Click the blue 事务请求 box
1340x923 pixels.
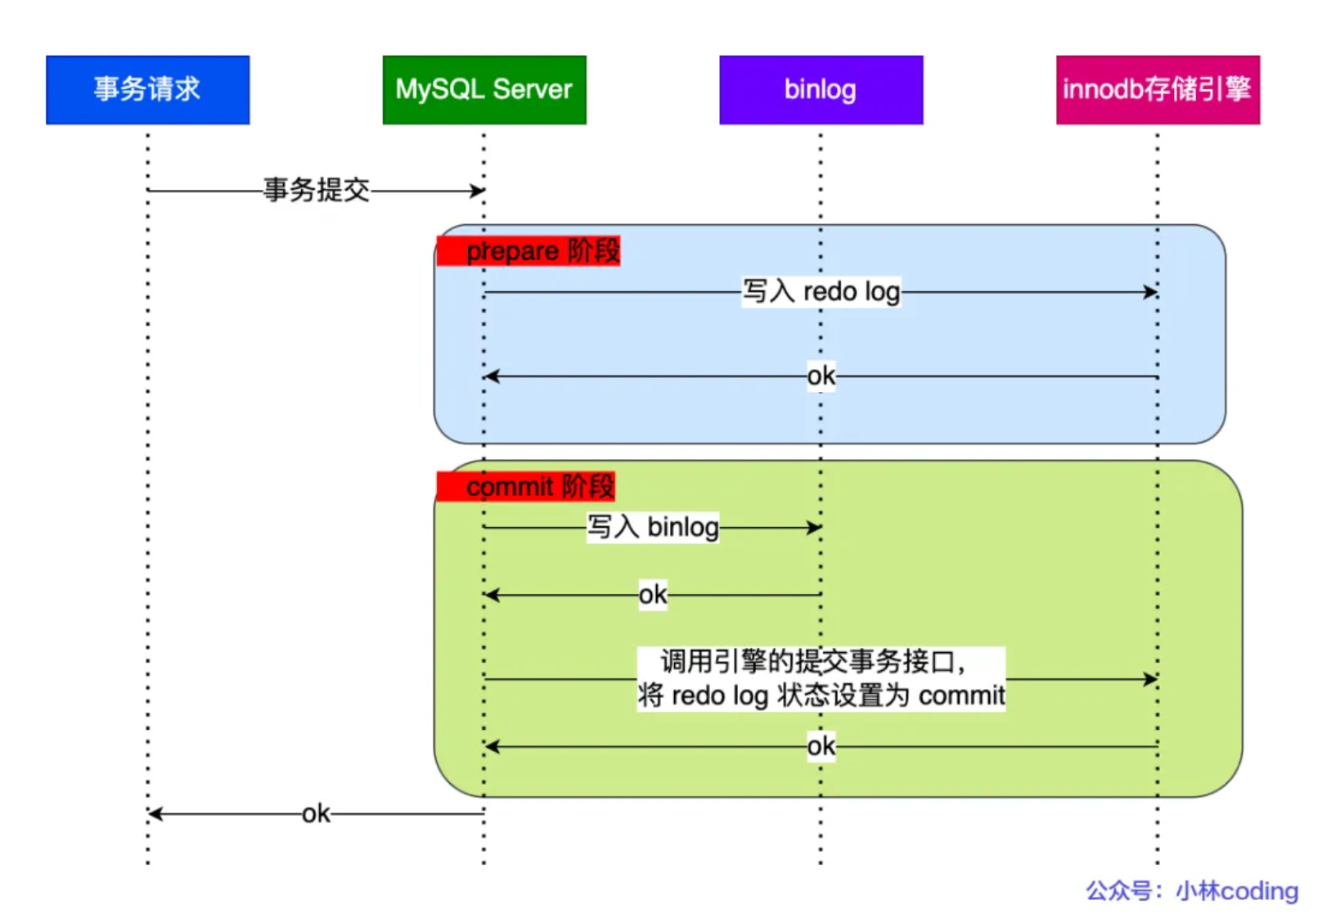point(147,90)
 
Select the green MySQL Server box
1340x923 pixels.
point(484,90)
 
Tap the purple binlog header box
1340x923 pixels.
point(821,90)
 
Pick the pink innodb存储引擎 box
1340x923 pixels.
point(1158,90)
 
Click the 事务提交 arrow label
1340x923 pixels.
point(317,191)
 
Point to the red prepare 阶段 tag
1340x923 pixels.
point(529,251)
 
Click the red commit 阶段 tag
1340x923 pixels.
point(526,487)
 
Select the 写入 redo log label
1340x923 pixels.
point(821,291)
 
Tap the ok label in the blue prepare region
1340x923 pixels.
point(821,376)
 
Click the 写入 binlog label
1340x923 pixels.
point(652,527)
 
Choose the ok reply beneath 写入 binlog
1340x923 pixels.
point(652,595)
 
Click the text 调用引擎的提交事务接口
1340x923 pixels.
point(812,662)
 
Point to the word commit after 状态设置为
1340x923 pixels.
point(961,696)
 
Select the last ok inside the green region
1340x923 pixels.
point(821,746)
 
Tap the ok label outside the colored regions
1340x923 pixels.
point(316,814)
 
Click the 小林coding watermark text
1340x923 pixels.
point(1236,891)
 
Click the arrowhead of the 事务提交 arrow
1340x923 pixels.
point(478,191)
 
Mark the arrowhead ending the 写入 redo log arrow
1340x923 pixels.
point(1151,291)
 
